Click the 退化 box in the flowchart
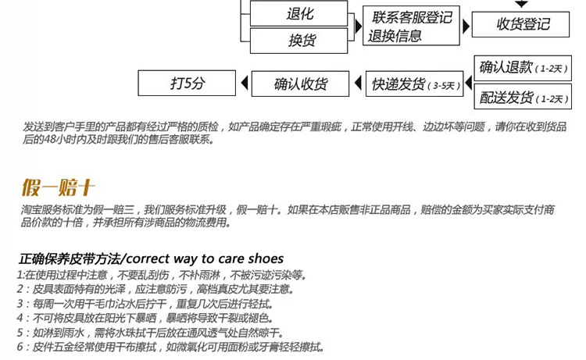(300, 14)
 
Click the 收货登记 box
(523, 24)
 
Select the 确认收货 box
(300, 84)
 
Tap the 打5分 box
(188, 84)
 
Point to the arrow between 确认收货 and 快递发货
(357, 84)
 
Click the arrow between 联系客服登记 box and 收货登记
(467, 24)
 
